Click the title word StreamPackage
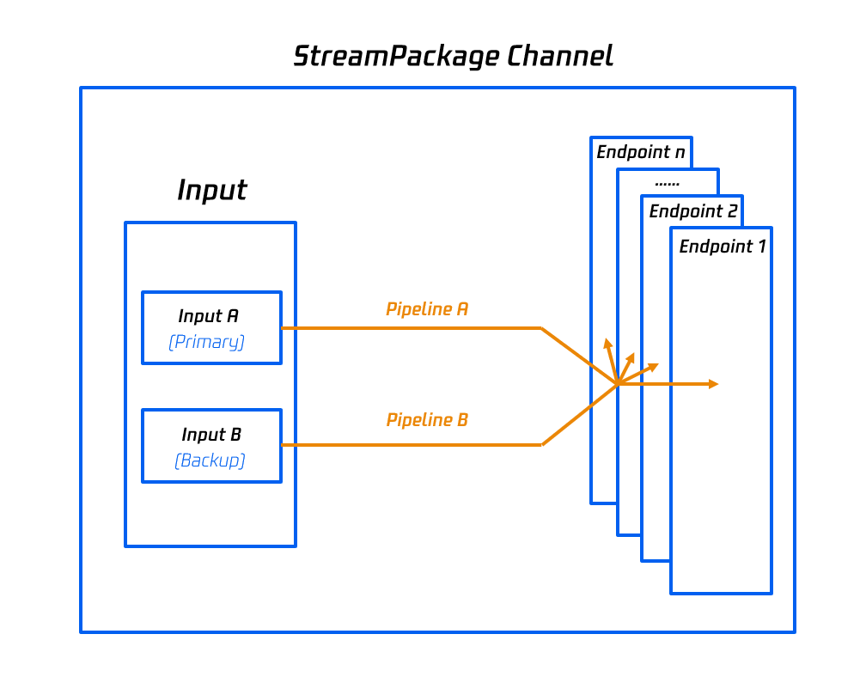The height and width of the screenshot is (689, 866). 396,57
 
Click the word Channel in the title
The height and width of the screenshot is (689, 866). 560,57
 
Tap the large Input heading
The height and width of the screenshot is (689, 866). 211,190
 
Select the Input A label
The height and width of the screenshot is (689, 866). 209,316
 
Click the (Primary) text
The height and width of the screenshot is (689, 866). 207,342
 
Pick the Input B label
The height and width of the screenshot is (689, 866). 210,435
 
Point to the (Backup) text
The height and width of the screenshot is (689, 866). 210,460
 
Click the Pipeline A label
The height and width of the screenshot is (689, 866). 427,309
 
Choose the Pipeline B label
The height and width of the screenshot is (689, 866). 427,420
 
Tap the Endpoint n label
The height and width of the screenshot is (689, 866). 641,153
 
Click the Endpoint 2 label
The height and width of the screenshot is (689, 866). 692,211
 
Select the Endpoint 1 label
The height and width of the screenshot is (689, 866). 723,247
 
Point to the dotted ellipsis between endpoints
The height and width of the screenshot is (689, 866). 667,183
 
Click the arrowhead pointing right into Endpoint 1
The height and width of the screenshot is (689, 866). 713,384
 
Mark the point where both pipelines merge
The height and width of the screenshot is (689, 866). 618,383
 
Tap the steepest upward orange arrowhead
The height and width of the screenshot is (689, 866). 607,344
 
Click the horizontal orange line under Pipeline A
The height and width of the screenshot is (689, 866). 412,328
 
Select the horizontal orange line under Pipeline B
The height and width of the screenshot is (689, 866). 412,445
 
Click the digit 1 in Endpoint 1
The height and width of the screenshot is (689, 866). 760,247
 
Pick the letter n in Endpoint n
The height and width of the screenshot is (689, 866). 680,153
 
